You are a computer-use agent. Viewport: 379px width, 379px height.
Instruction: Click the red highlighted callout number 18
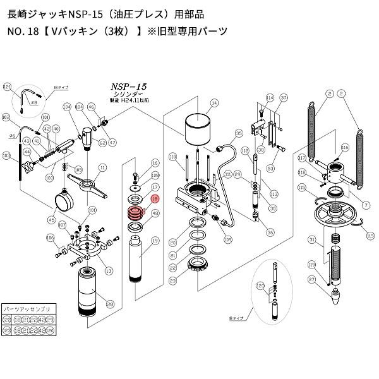pos(155,198)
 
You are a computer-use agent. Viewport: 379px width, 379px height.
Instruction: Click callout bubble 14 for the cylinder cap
pos(214,102)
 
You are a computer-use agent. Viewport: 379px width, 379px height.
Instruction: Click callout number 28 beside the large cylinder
pos(110,304)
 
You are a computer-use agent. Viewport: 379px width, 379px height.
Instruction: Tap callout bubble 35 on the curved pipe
pos(238,133)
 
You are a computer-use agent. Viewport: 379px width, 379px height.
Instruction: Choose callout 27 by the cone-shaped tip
pos(311,280)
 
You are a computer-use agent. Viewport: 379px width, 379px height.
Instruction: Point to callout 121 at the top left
pos(8,87)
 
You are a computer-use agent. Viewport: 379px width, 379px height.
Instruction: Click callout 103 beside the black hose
pos(6,154)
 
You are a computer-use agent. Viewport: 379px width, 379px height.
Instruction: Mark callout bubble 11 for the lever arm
pos(102,169)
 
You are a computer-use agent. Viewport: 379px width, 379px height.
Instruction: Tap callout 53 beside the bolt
pos(269,168)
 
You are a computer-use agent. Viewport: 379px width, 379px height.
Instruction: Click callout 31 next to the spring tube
pos(311,239)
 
